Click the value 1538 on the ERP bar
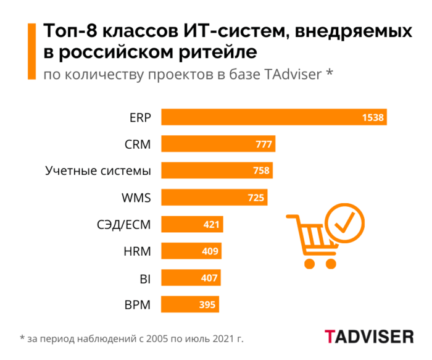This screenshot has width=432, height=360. (373, 117)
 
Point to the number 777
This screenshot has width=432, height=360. (264, 144)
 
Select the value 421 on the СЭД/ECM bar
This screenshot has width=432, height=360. (211, 225)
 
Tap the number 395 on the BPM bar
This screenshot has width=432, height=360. (207, 305)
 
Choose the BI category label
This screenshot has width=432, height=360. (145, 278)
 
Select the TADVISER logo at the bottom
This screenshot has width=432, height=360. (369, 337)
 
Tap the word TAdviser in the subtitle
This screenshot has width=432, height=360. (293, 75)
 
